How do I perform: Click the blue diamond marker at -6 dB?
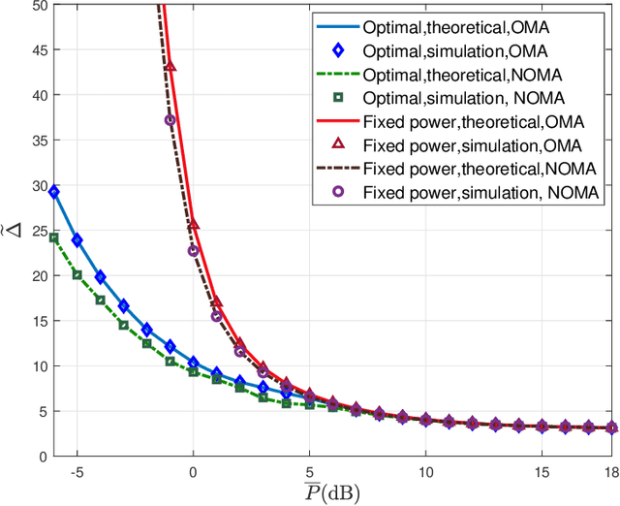click(53, 192)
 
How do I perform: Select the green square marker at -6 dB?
click(53, 237)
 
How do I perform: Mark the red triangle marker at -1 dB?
click(170, 67)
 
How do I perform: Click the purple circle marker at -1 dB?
click(170, 120)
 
